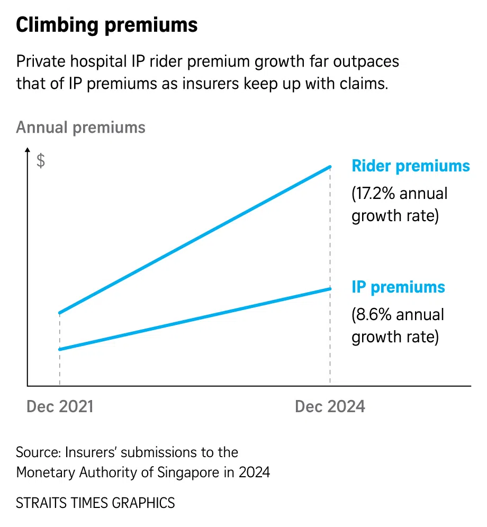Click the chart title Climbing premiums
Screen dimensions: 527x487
[107, 25]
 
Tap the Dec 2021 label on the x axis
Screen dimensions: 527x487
[60, 406]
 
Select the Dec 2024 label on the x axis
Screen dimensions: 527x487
[330, 406]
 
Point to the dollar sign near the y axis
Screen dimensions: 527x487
[41, 161]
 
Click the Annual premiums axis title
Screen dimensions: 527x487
[80, 128]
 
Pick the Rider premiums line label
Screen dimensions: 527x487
[411, 166]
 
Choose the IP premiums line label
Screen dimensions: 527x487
[399, 287]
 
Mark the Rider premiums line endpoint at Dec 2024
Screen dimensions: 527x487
[330, 167]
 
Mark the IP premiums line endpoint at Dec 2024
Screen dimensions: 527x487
[330, 288]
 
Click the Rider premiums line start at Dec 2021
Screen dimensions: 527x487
[60, 313]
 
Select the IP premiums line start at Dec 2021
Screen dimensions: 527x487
[60, 349]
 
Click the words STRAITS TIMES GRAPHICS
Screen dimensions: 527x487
[95, 503]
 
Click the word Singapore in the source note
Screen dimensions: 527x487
[187, 472]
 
